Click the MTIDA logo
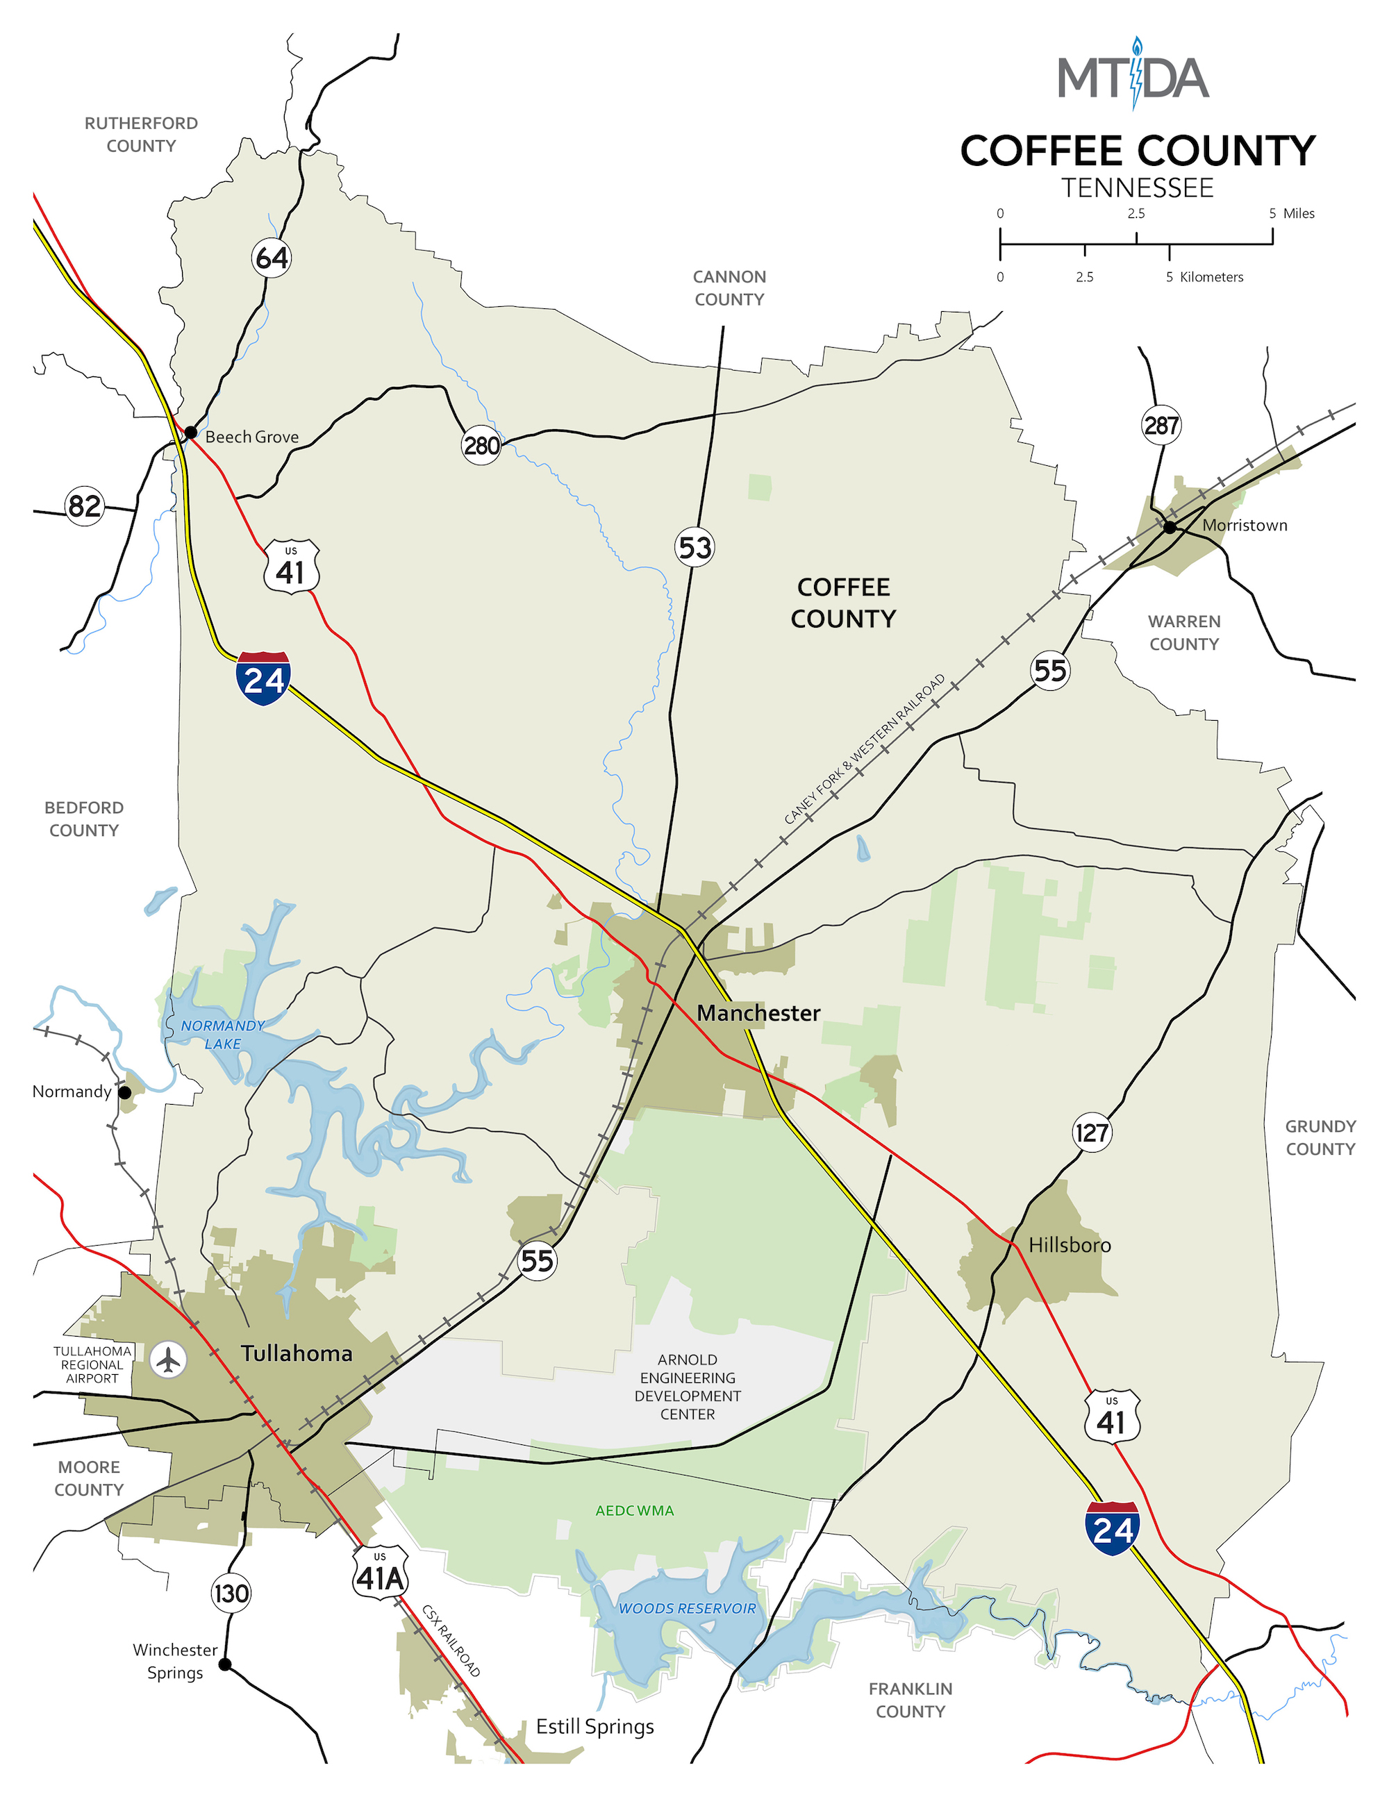(1133, 76)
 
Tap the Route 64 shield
(272, 258)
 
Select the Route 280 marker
(481, 445)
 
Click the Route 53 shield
(694, 547)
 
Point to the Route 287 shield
(1161, 426)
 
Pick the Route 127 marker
(1092, 1132)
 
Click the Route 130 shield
(231, 1593)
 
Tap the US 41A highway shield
(380, 1572)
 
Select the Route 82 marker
(85, 505)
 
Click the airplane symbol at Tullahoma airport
(168, 1360)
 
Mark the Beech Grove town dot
(190, 432)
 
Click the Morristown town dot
(1170, 526)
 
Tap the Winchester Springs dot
(224, 1664)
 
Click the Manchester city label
(758, 1013)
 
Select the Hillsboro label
(1069, 1245)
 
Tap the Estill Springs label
(595, 1725)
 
